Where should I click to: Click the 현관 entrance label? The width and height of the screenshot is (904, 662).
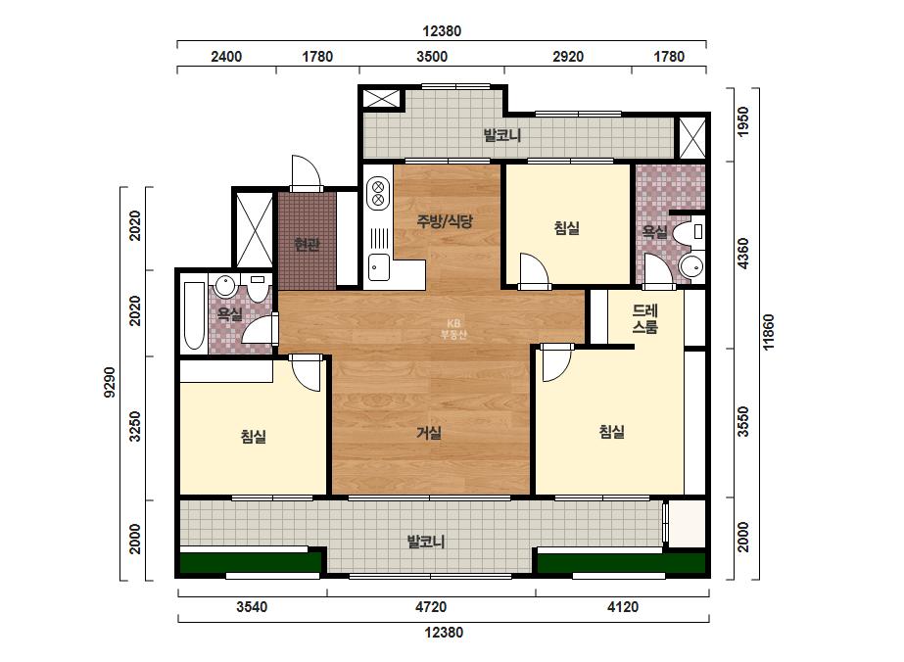(307, 245)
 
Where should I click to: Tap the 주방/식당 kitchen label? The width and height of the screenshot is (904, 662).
(445, 221)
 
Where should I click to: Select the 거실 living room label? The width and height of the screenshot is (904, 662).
(429, 432)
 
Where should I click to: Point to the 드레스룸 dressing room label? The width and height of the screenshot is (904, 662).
(645, 318)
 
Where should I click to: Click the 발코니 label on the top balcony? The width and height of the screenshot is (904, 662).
(502, 135)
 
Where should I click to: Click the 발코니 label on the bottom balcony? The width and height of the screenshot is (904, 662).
(426, 542)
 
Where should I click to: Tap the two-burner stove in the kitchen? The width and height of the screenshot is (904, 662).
(378, 193)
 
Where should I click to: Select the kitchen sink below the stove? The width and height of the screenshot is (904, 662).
(379, 267)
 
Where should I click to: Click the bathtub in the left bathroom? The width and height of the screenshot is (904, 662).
(194, 316)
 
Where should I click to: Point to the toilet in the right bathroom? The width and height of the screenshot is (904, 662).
(690, 232)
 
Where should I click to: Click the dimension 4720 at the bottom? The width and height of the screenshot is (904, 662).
(431, 606)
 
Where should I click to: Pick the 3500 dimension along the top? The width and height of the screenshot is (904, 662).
(432, 57)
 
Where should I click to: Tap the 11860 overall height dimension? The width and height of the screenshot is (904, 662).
(769, 333)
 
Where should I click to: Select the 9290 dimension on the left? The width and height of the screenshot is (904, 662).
(109, 382)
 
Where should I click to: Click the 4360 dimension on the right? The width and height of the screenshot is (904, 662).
(743, 254)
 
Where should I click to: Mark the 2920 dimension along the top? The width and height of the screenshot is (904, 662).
(568, 57)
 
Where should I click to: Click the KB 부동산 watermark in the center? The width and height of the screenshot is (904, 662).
(453, 329)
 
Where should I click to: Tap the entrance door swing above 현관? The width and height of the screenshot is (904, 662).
(306, 171)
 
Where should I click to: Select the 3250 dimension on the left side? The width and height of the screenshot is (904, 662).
(135, 426)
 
